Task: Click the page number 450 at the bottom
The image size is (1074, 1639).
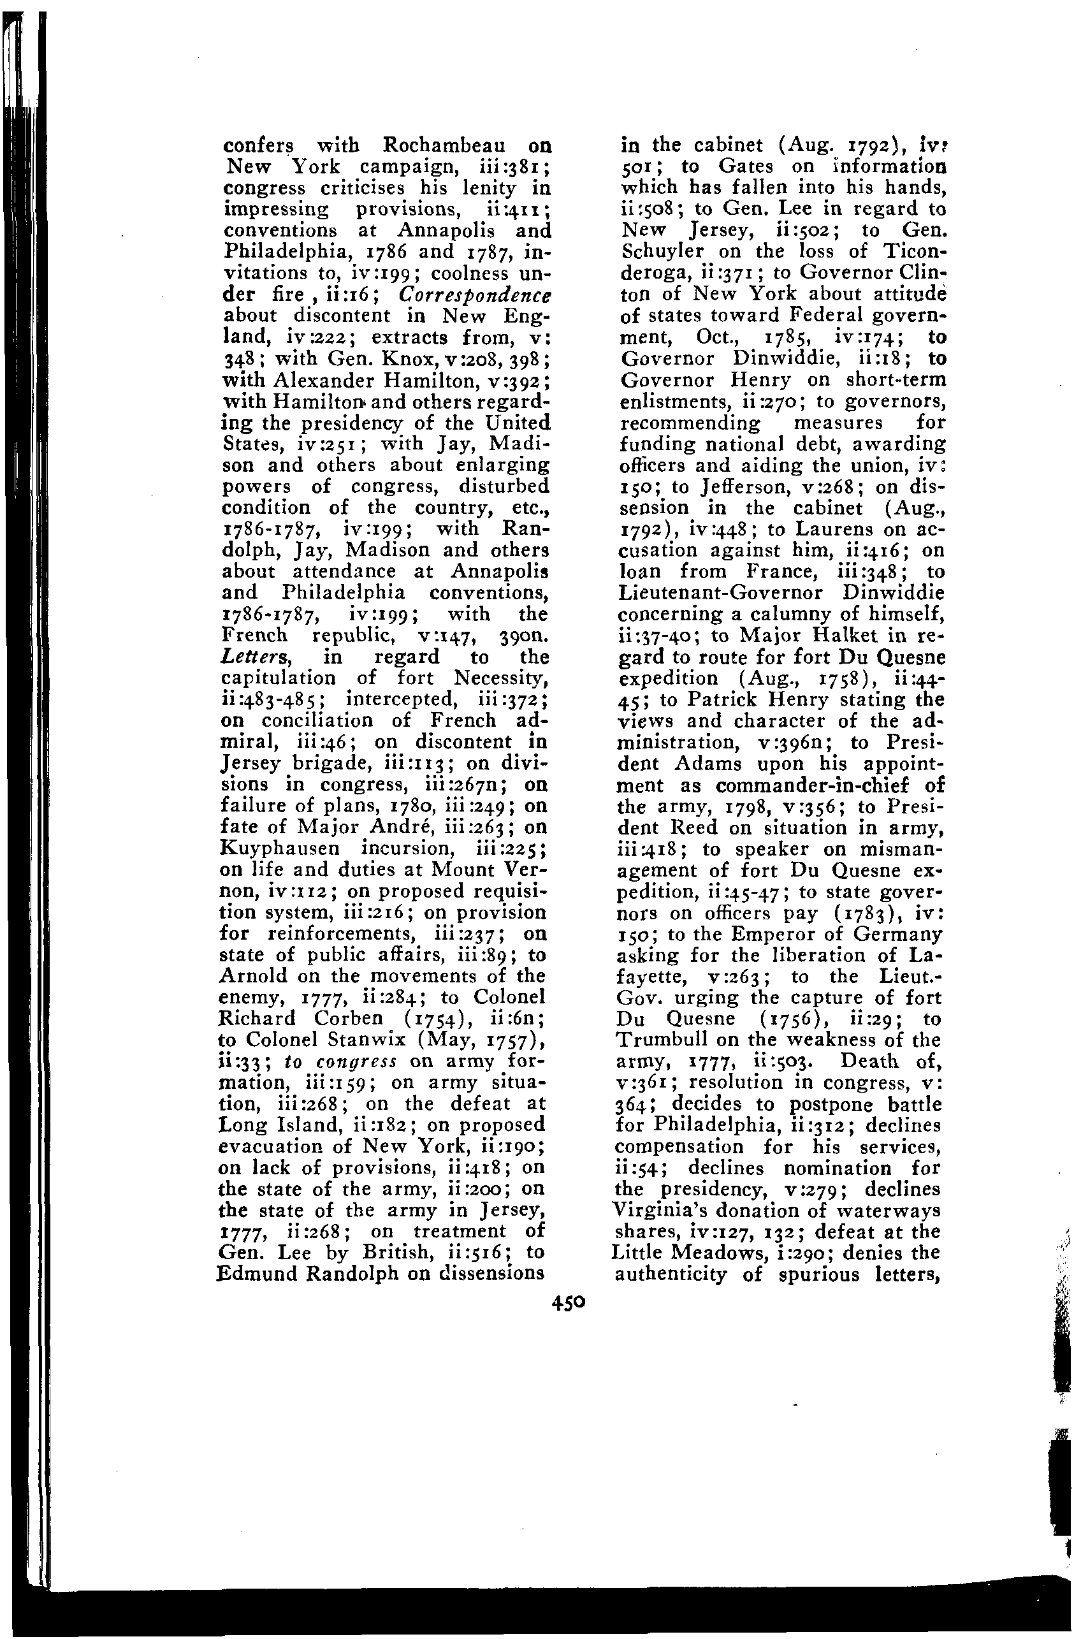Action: tap(568, 1302)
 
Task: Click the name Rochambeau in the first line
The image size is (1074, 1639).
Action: tap(445, 146)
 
